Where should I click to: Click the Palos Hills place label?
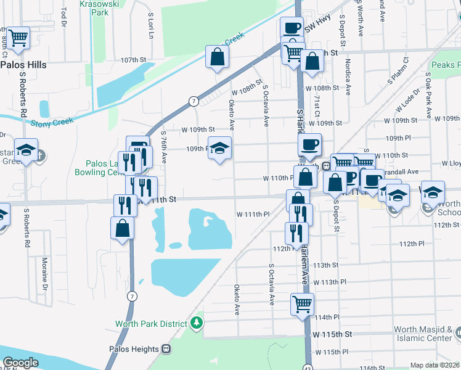pos(24,64)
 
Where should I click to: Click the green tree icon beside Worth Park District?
pos(197,323)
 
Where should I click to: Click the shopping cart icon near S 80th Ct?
pos(18,38)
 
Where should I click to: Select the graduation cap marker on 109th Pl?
pos(218,149)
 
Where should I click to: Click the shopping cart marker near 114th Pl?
pos(302,303)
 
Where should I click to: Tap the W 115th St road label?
pos(332,334)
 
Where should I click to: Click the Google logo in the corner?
pos(20,363)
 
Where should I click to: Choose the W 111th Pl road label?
pos(253,214)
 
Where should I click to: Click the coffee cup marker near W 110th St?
pos(309,144)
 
